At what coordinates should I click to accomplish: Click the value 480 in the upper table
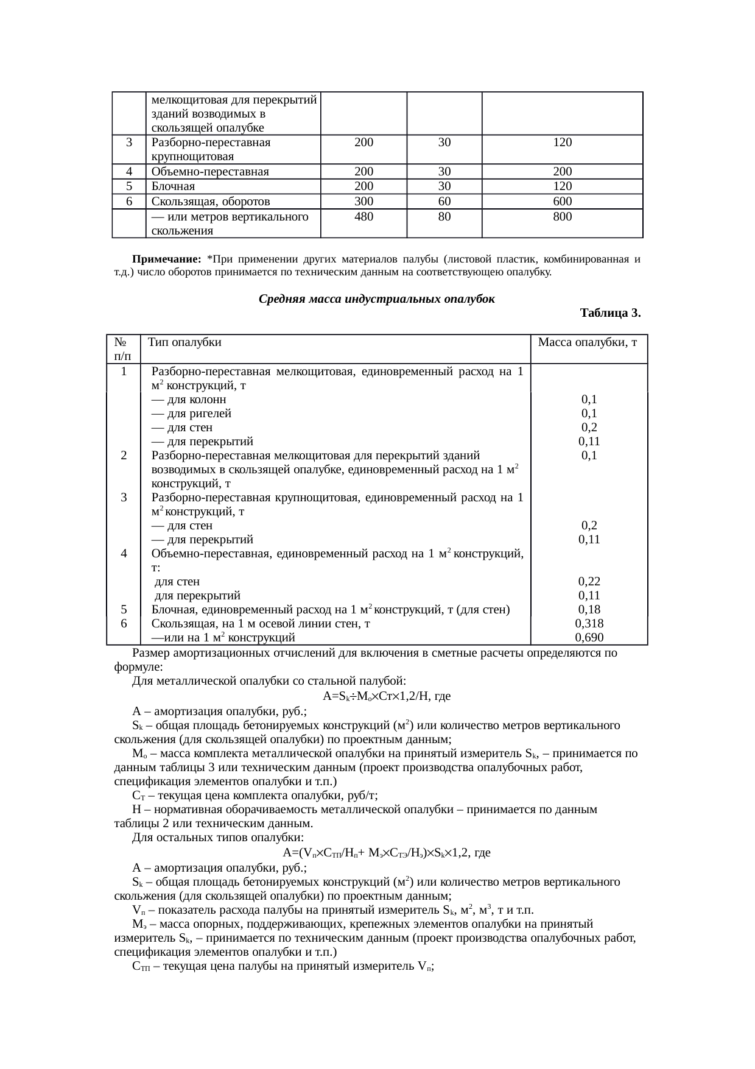pyautogui.click(x=363, y=216)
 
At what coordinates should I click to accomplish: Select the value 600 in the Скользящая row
pyautogui.click(x=562, y=202)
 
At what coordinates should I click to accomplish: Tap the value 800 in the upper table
pyautogui.click(x=562, y=216)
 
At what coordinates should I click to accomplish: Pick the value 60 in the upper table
pyautogui.click(x=444, y=202)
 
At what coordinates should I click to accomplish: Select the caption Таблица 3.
pyautogui.click(x=610, y=314)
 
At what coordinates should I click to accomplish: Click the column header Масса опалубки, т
pyautogui.click(x=588, y=342)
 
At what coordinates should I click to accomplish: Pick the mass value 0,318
pyautogui.click(x=589, y=624)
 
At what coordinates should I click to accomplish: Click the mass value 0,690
pyautogui.click(x=589, y=638)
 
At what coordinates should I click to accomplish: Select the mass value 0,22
pyautogui.click(x=589, y=582)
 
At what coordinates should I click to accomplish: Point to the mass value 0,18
pyautogui.click(x=589, y=610)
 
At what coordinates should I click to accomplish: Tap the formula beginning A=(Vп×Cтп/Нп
pyautogui.click(x=387, y=853)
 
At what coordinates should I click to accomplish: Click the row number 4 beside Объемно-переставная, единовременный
pyautogui.click(x=124, y=554)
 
